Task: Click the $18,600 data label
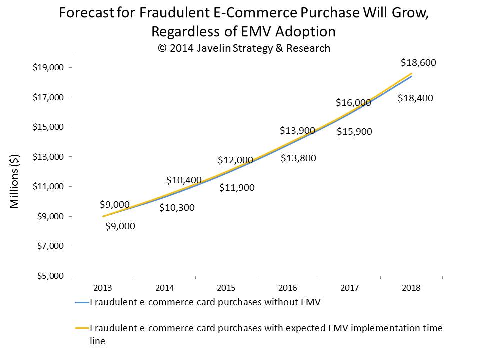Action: pyautogui.click(x=419, y=63)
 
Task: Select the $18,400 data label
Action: pyautogui.click(x=415, y=98)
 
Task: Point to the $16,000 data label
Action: pyautogui.click(x=353, y=103)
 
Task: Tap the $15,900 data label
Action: pyautogui.click(x=354, y=132)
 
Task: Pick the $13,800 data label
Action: pyautogui.click(x=298, y=158)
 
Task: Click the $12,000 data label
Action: pyautogui.click(x=235, y=160)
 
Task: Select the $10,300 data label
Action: pyautogui.click(x=177, y=207)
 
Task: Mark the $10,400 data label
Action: pyautogui.click(x=184, y=180)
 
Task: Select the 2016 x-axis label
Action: pyautogui.click(x=288, y=288)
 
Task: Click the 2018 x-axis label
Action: pyautogui.click(x=411, y=288)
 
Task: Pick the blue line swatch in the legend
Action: pyautogui.click(x=81, y=302)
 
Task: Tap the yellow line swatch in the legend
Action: pyautogui.click(x=81, y=328)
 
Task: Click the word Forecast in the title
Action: pyautogui.click(x=84, y=13)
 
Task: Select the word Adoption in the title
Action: pyautogui.click(x=304, y=31)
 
